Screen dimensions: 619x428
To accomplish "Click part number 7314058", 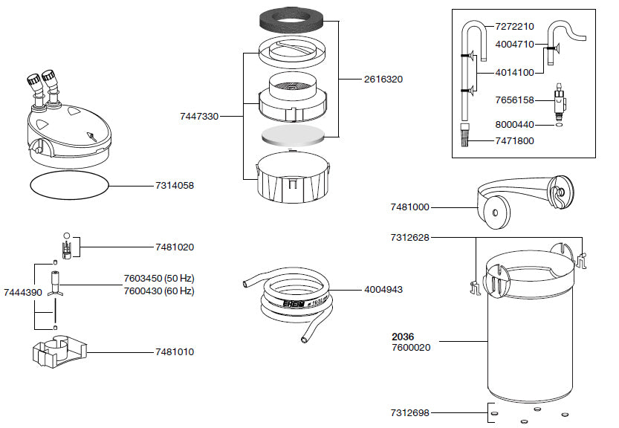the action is [175, 186].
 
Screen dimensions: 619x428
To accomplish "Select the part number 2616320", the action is [383, 80].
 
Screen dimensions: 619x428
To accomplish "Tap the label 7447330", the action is [199, 117].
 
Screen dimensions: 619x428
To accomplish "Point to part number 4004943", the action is [383, 289].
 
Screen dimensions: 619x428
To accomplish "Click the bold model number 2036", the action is [403, 337].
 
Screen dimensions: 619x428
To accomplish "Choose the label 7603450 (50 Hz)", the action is [159, 279].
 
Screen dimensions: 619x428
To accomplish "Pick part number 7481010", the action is [175, 351].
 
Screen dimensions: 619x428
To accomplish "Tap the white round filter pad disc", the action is [292, 135].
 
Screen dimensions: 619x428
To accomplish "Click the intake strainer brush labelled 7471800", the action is [465, 135].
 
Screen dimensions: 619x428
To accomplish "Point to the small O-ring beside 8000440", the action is [557, 125].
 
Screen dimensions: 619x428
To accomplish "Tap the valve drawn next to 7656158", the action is [560, 102].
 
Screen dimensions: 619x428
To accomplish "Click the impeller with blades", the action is [55, 284].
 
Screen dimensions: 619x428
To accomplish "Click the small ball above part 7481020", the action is [67, 236].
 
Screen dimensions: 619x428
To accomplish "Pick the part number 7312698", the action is [409, 413].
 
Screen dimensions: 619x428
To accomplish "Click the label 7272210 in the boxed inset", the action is [514, 27].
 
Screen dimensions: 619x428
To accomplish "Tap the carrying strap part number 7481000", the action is [409, 207].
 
